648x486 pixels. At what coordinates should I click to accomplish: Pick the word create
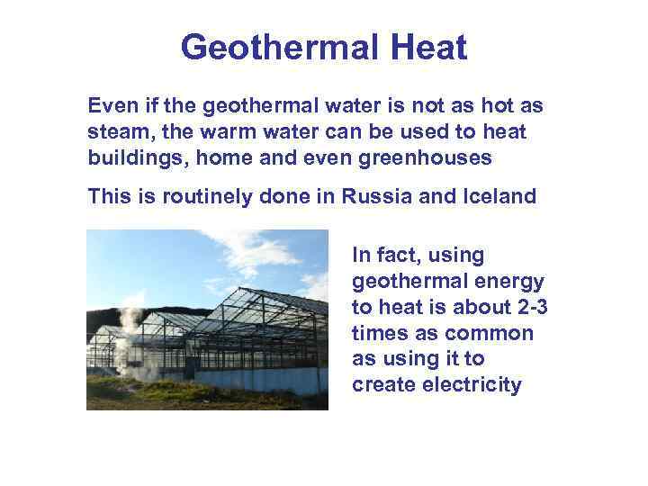(x=382, y=385)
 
